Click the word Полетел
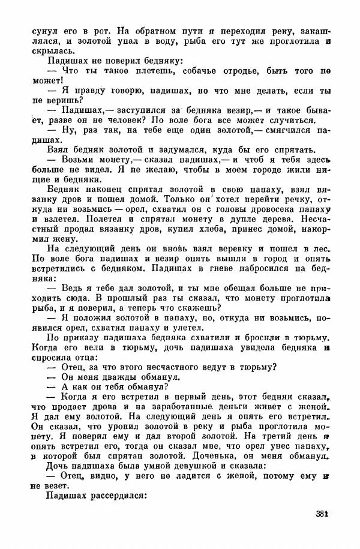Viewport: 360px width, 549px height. point(79,222)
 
